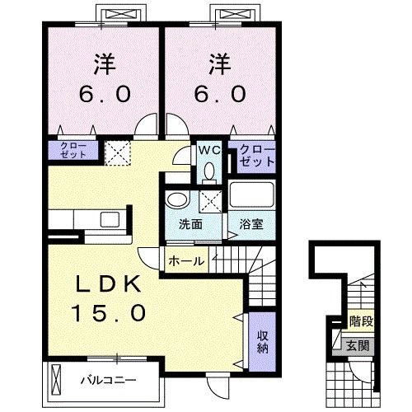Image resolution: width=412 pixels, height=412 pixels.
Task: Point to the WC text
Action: pyautogui.click(x=208, y=151)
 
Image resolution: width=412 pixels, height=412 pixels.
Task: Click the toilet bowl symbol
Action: pyautogui.click(x=208, y=172)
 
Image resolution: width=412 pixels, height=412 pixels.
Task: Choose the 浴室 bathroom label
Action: pyautogui.click(x=251, y=224)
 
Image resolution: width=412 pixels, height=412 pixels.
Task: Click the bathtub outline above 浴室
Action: pyautogui.click(x=251, y=198)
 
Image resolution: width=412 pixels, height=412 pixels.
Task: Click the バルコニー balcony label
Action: pyautogui.click(x=107, y=381)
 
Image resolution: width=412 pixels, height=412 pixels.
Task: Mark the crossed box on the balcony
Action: pyautogui.click(x=56, y=380)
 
